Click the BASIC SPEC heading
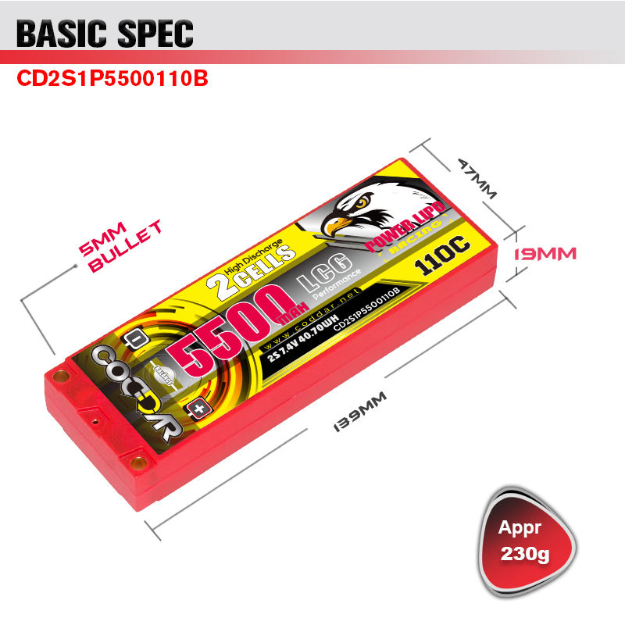point(105,34)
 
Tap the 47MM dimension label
point(477,179)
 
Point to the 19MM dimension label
point(545,254)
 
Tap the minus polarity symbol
point(134,341)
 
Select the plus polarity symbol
point(199,409)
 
